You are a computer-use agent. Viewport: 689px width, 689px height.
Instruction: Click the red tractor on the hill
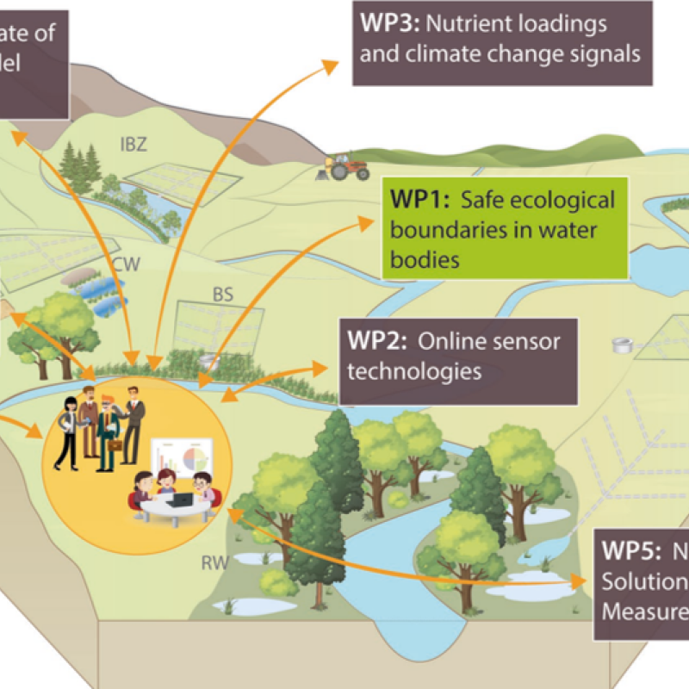(x=345, y=164)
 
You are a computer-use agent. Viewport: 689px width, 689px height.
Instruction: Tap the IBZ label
(x=133, y=144)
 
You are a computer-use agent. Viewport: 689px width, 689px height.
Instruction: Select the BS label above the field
(x=223, y=295)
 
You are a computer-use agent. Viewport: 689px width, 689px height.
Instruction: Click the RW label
(x=214, y=563)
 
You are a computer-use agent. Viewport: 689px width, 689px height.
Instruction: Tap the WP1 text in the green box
(x=418, y=201)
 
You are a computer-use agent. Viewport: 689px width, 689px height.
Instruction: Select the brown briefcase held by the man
(x=114, y=445)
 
